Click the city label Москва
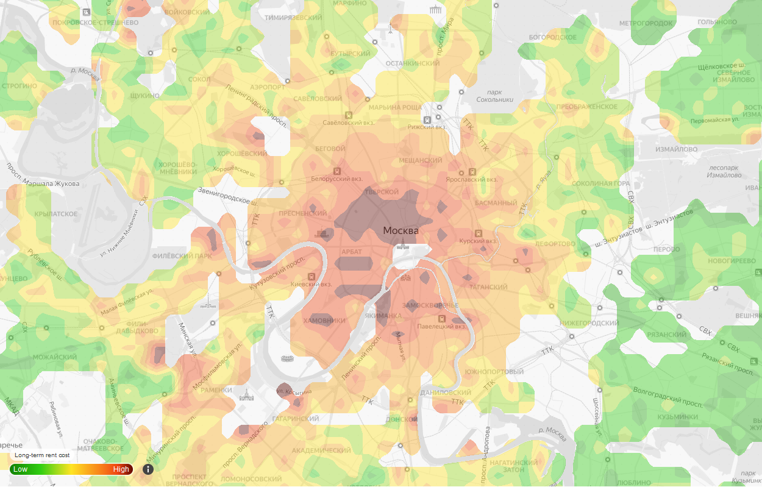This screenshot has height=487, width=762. (x=401, y=230)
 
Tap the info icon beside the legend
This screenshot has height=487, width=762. (x=148, y=469)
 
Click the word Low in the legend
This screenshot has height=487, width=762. (x=21, y=469)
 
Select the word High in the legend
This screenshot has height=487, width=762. (x=121, y=469)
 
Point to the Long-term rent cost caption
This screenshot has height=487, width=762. (x=43, y=455)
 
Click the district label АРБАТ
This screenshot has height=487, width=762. (x=352, y=252)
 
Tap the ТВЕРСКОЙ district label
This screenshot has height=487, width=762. (x=382, y=193)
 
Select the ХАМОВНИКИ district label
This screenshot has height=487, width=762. (x=324, y=321)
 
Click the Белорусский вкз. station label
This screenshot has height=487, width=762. (x=337, y=179)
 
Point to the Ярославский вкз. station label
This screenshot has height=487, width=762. (x=472, y=180)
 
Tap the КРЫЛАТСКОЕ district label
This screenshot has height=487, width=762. (x=56, y=214)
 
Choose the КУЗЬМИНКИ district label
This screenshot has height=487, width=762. (x=677, y=417)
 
